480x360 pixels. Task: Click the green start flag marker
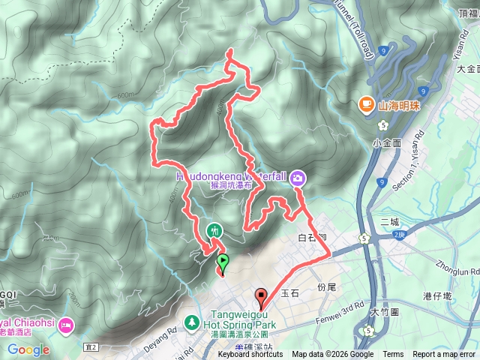223,262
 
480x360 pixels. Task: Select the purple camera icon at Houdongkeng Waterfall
298,177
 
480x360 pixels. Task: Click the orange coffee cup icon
366,103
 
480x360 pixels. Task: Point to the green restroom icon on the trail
214,231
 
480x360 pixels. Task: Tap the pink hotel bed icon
67,325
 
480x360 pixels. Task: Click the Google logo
28,349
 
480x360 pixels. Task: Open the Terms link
393,355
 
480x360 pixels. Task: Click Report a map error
445,355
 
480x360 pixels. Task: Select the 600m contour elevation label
128,94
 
